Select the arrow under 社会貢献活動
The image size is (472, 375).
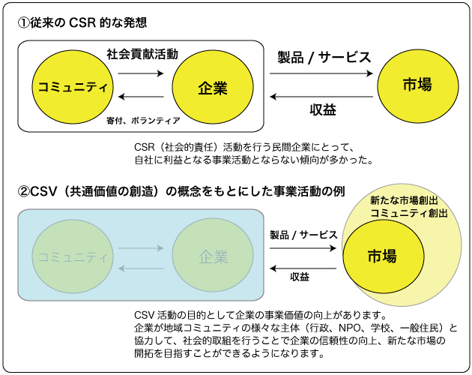(x=139, y=74)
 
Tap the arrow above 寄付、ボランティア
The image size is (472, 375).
(x=139, y=97)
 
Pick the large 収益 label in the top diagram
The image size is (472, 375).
(x=322, y=109)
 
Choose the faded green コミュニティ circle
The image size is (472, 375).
(x=71, y=256)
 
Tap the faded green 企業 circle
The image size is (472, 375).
(x=213, y=256)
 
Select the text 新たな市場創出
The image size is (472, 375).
(x=404, y=202)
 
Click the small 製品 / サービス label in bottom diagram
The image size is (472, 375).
(x=303, y=234)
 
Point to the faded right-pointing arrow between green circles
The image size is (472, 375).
(x=140, y=248)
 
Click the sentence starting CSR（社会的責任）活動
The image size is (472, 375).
(x=247, y=146)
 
